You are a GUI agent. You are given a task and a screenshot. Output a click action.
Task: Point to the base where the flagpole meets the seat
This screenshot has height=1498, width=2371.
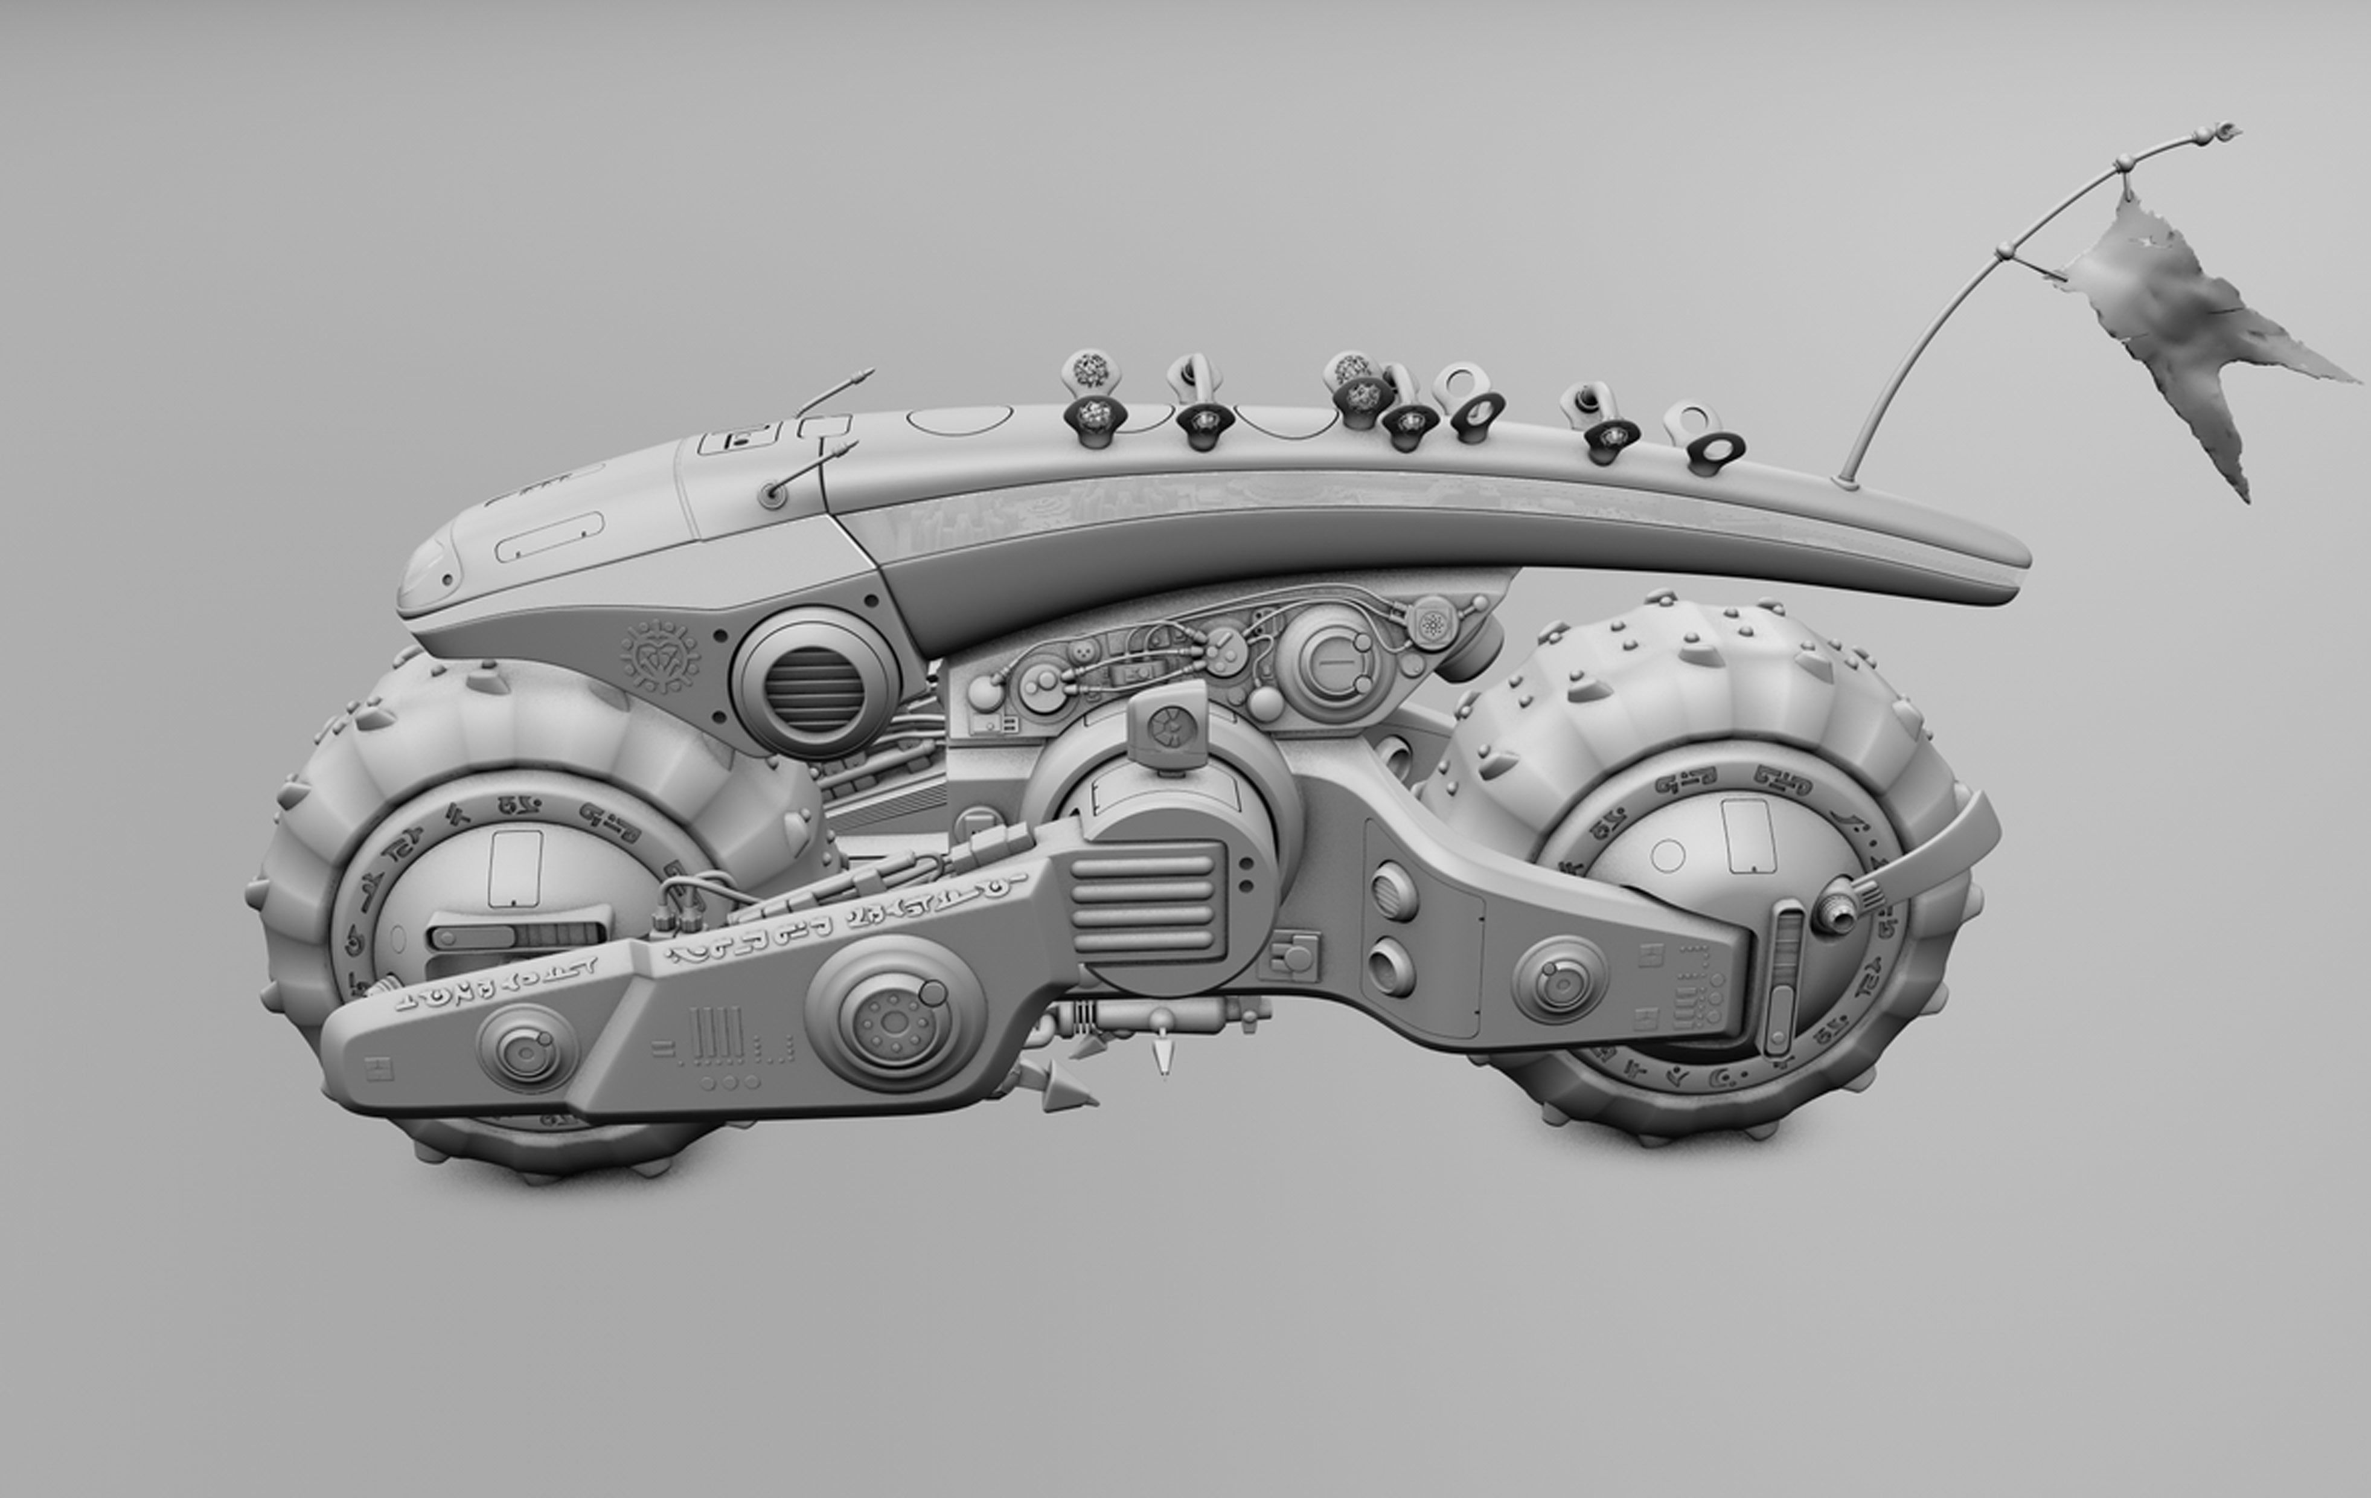point(1848,481)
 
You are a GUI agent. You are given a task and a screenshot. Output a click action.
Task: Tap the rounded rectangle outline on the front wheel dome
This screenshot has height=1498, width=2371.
point(516,867)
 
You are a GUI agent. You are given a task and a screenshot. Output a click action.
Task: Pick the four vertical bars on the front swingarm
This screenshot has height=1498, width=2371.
point(711,1034)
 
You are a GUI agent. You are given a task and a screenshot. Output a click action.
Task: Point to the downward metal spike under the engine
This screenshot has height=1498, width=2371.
point(1162,1059)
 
